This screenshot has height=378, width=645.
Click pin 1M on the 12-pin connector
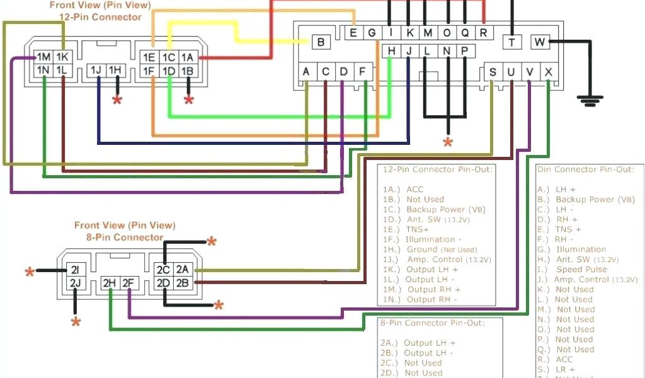coord(44,57)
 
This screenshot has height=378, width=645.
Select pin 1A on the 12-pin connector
coord(187,57)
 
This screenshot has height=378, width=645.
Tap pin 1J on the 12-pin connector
coord(97,70)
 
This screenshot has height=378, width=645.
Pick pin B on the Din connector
coord(321,42)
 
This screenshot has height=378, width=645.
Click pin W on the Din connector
coord(539,42)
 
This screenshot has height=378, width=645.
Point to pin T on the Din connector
coord(511,42)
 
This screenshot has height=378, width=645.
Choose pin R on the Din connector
coord(483,33)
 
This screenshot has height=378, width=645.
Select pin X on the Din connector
coord(549,72)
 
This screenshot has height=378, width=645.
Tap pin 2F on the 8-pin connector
coord(128,283)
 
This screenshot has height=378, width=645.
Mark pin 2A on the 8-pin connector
coord(183,270)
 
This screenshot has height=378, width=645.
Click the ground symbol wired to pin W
coord(590,99)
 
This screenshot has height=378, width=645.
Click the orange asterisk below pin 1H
coord(117,100)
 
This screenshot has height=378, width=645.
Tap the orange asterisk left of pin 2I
coord(29,272)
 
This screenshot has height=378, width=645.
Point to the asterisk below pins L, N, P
coord(448,142)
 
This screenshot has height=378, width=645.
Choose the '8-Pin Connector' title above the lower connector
coord(125,238)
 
